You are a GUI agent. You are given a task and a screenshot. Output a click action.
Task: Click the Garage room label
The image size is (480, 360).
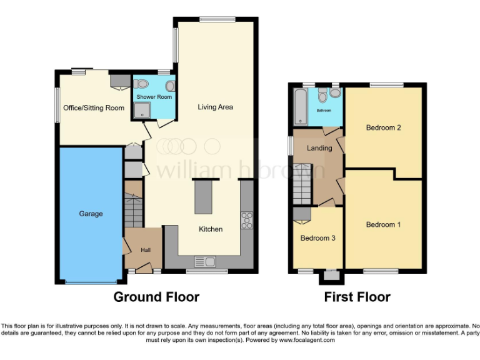pos(91,214)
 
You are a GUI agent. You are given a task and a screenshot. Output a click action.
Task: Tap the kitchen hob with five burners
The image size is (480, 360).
pos(247,219)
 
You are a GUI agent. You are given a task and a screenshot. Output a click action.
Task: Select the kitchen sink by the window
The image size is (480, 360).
pos(204,261)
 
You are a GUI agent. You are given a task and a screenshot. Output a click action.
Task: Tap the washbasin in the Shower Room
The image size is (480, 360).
pos(170,86)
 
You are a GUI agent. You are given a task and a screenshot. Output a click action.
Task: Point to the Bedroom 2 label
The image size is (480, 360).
pos(383,128)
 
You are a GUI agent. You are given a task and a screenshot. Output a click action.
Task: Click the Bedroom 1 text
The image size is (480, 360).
pos(383,224)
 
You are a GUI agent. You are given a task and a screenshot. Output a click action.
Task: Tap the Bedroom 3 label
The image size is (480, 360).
pos(317,238)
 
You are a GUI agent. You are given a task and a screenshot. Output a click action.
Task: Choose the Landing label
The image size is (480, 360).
pos(319,148)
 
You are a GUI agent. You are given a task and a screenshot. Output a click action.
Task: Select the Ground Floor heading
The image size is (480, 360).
pos(156,297)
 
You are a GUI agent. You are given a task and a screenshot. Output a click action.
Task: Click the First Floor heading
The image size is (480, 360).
pos(357,297)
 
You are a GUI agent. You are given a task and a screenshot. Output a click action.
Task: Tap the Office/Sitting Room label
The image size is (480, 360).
pos(94,107)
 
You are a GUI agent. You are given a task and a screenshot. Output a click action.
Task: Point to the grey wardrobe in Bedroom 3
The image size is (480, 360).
pos(302,214)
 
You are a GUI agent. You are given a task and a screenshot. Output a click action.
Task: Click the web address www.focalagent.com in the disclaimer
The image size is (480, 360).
pos(307,341)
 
